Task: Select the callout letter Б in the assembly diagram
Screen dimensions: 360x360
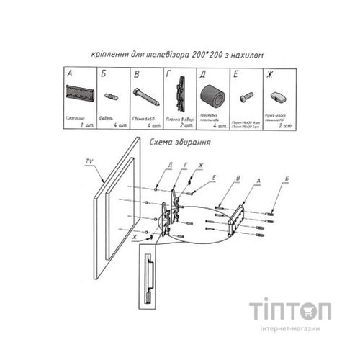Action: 269,176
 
